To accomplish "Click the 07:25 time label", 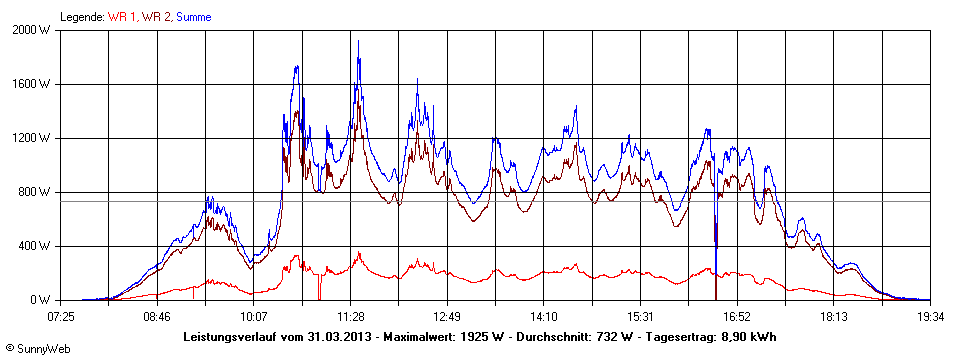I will click(61, 317).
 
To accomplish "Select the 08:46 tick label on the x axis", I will click(157, 317).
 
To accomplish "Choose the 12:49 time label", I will click(447, 317).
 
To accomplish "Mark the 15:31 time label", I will click(640, 317).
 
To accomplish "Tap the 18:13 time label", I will click(833, 317).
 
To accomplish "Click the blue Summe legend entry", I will click(194, 16).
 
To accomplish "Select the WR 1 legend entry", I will click(122, 16).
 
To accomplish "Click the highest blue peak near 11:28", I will click(358, 42).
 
